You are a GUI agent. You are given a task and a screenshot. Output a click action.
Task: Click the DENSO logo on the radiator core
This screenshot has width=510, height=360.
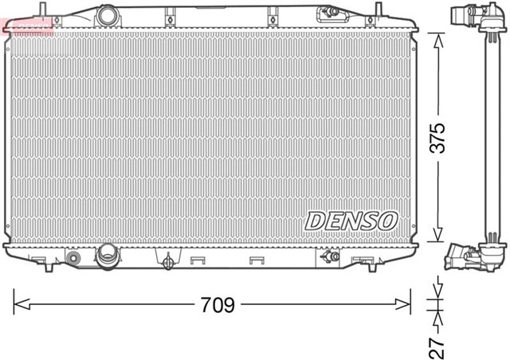[350, 220]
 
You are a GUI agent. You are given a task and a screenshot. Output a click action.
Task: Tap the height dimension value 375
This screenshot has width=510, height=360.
[436, 137]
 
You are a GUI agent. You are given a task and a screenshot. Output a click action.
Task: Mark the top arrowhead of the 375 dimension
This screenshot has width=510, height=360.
[437, 40]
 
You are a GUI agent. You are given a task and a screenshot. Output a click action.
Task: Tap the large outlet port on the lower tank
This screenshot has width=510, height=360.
[106, 256]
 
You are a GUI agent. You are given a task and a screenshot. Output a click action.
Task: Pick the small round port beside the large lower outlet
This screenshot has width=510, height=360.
[74, 259]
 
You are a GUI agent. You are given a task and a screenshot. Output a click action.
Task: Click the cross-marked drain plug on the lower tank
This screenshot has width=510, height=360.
[167, 262]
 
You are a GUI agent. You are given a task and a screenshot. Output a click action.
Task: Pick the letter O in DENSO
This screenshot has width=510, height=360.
[386, 221]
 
